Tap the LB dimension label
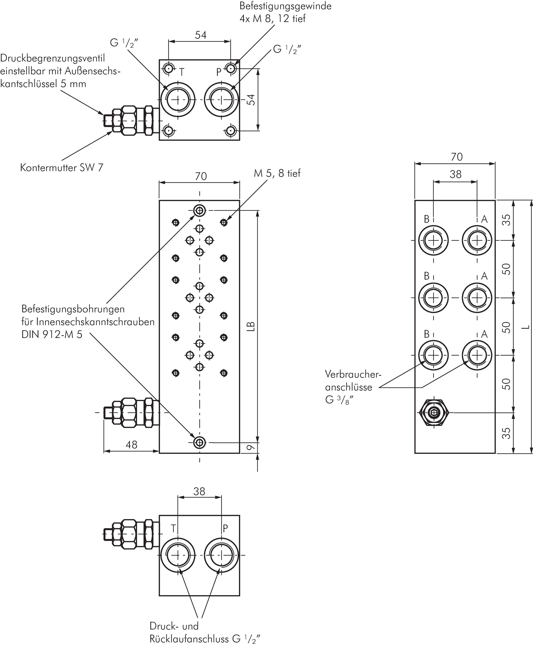point(251,326)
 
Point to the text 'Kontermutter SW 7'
point(62,168)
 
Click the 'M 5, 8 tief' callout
point(277,173)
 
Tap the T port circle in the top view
point(177,99)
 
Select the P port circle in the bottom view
point(221,555)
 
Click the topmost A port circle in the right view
point(477,240)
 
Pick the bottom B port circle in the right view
point(433,355)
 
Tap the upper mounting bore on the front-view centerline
point(200,211)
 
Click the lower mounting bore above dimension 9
point(200,442)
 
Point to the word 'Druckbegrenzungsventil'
point(53,58)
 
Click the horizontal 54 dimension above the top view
point(200,35)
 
